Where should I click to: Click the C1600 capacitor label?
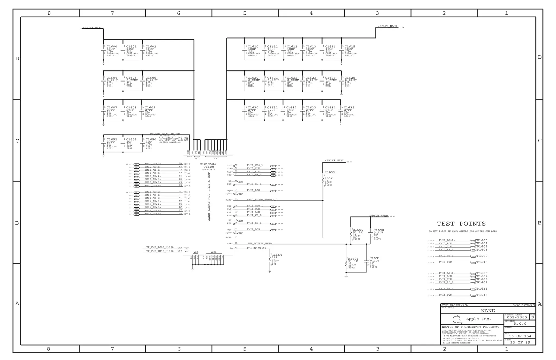click(112, 46)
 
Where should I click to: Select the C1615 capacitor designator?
click(350, 46)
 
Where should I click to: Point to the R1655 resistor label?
click(330, 172)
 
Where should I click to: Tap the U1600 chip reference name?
click(208, 167)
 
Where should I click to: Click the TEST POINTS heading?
click(461, 224)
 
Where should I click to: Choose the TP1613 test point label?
click(481, 262)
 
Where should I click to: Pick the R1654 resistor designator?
click(277, 255)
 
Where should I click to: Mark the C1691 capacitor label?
click(375, 258)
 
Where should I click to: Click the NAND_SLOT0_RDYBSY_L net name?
click(262, 199)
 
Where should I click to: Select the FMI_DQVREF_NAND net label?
click(259, 243)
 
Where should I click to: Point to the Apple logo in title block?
click(457, 319)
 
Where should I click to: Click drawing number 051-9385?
click(517, 317)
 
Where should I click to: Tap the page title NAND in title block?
click(488, 311)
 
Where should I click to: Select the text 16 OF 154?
click(520, 336)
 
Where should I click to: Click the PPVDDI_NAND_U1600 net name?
click(165, 134)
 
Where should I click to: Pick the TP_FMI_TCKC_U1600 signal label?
click(160, 247)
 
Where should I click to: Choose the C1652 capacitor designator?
click(112, 139)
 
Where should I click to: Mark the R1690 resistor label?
click(358, 230)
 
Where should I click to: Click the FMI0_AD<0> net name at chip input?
click(153, 164)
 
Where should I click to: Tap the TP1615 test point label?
click(481, 295)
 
